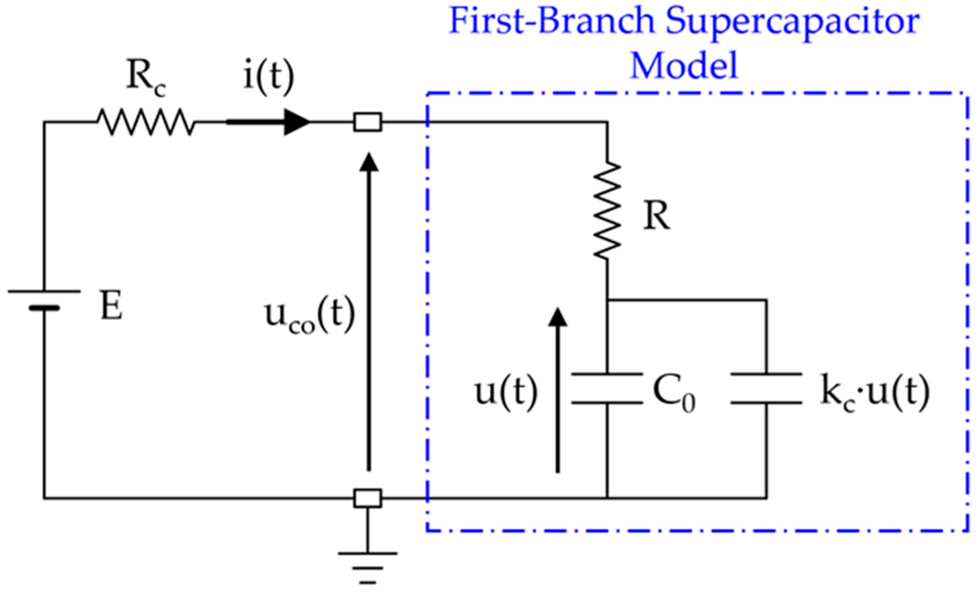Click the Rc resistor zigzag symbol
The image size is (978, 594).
click(x=146, y=122)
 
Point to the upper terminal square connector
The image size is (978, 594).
click(x=367, y=122)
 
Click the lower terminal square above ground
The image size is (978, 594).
click(x=367, y=498)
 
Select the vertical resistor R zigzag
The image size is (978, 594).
click(x=607, y=210)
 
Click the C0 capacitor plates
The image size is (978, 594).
click(x=607, y=388)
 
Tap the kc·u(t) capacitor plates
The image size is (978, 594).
click(x=766, y=388)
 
